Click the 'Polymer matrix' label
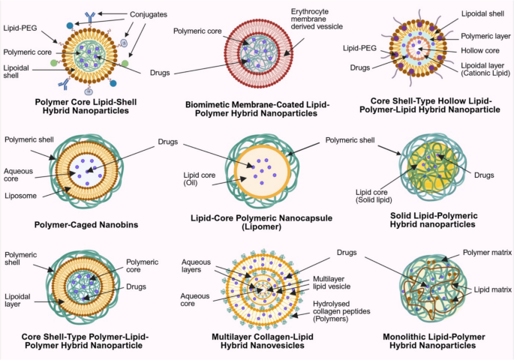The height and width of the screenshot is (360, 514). pyautogui.click(x=486, y=253)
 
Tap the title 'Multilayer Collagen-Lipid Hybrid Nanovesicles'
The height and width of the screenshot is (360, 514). pyautogui.click(x=255, y=341)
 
